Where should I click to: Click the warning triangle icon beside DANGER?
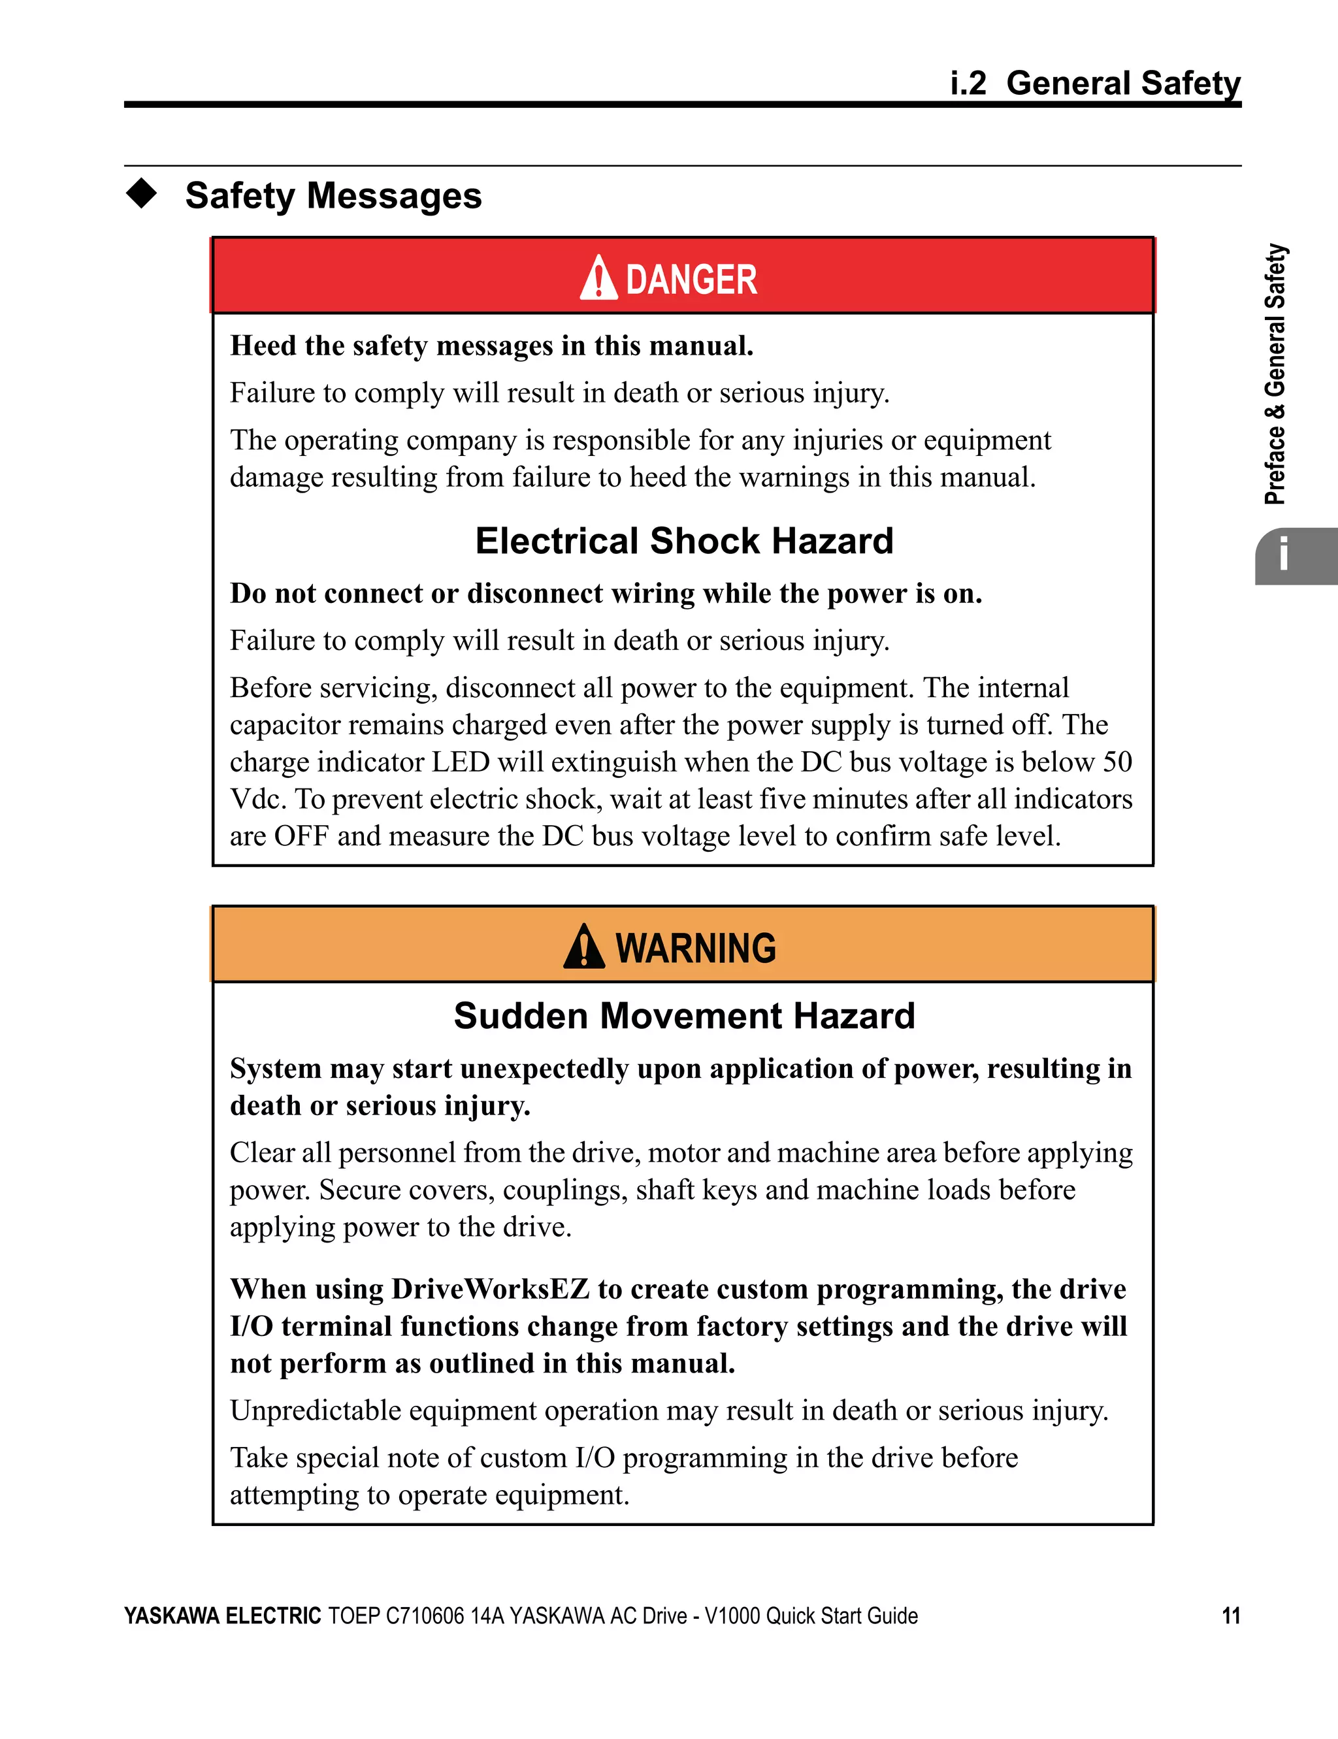(x=598, y=279)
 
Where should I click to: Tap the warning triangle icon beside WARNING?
(x=584, y=947)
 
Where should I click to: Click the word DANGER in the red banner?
(x=691, y=280)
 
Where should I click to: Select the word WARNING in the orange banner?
(x=695, y=949)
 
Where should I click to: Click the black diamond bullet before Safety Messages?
(x=142, y=193)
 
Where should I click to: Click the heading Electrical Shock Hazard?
(x=684, y=542)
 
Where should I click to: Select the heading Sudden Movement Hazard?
(x=684, y=1016)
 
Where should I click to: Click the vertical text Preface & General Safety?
(x=1275, y=374)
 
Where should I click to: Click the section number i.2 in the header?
(x=968, y=83)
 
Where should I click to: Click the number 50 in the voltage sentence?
(x=1117, y=762)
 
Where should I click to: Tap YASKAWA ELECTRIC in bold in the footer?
(x=222, y=1616)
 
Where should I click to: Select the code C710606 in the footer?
(x=425, y=1616)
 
